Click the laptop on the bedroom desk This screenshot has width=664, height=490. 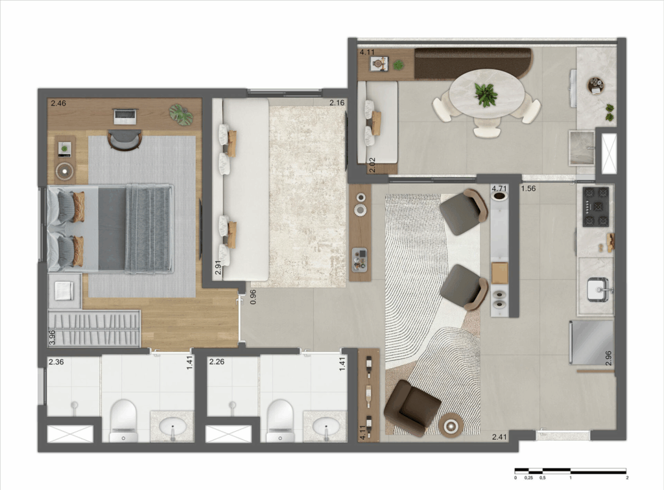(125, 117)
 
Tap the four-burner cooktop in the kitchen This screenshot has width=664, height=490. (597, 207)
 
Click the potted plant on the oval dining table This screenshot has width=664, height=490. (485, 95)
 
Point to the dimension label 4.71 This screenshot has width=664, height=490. (499, 189)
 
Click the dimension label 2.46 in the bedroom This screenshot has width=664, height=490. (58, 103)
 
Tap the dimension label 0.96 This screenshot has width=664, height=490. (254, 297)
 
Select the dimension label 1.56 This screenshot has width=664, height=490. (528, 189)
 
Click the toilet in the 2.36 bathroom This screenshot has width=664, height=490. (123, 421)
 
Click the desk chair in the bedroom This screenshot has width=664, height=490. (124, 140)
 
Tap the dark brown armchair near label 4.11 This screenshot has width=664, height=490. (411, 408)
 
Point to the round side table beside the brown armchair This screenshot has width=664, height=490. (451, 425)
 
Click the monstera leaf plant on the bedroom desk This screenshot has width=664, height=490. (182, 114)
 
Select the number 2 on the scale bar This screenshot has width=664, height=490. (627, 478)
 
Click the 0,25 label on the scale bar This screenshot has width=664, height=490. (528, 478)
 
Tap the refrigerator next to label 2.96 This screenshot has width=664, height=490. (591, 342)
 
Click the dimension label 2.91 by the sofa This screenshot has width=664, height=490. (218, 268)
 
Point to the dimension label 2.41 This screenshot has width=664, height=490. (500, 437)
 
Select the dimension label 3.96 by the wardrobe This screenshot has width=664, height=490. (52, 338)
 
